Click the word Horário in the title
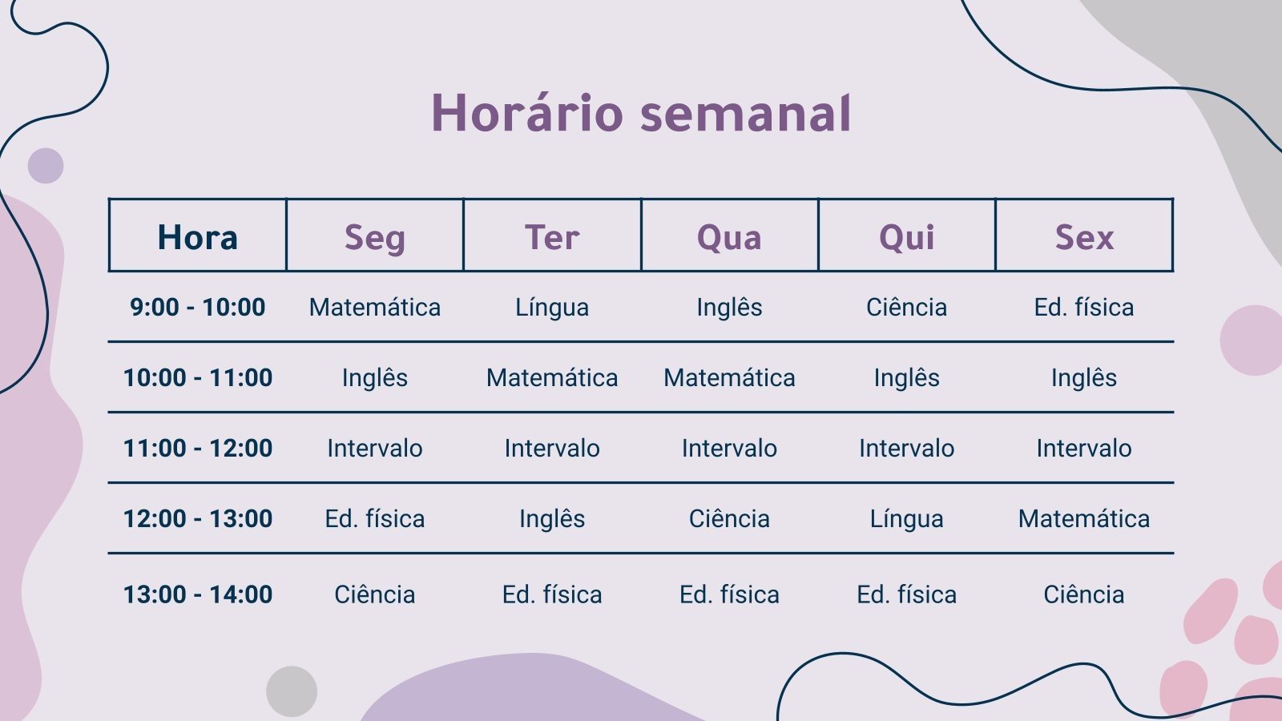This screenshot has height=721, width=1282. pyautogui.click(x=527, y=113)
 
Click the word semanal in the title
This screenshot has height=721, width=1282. pyautogui.click(x=746, y=113)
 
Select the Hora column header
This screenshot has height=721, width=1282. pyautogui.click(x=197, y=237)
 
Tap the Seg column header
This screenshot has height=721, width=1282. pyautogui.click(x=375, y=238)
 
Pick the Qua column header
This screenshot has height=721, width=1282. pyautogui.click(x=729, y=237)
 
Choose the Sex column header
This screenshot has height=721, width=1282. pyautogui.click(x=1085, y=237)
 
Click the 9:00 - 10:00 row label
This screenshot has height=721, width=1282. pyautogui.click(x=197, y=308)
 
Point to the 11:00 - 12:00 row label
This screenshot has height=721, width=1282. pyautogui.click(x=197, y=448)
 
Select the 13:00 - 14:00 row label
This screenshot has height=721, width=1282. pyautogui.click(x=197, y=594)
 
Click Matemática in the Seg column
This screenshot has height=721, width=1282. pyautogui.click(x=375, y=308)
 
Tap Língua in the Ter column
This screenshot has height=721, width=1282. pyautogui.click(x=552, y=308)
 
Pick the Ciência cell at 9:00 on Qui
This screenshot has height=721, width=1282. pyautogui.click(x=906, y=308)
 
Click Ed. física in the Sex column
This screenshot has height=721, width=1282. pyautogui.click(x=1084, y=308)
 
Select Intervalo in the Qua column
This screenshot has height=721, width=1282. pyautogui.click(x=729, y=448)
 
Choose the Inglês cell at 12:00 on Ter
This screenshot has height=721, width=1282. pyautogui.click(x=552, y=519)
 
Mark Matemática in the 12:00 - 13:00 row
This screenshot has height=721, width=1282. pyautogui.click(x=1084, y=519)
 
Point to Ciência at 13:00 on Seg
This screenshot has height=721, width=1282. pyautogui.click(x=375, y=594)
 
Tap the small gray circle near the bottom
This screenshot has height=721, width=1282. pyautogui.click(x=292, y=691)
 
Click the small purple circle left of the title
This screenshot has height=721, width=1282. pyautogui.click(x=46, y=166)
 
